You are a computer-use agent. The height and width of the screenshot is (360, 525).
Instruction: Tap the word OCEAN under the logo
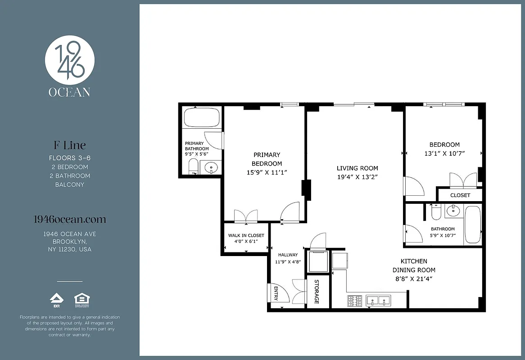[70, 92]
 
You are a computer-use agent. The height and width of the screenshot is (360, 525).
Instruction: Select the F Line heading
[70, 145]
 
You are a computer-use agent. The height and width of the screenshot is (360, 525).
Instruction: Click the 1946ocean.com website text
[70, 220]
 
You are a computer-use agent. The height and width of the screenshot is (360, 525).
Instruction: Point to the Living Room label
[357, 168]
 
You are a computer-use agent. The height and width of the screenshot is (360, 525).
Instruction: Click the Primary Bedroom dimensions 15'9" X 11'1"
[267, 172]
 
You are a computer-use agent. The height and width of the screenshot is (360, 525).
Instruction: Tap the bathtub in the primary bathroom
[202, 117]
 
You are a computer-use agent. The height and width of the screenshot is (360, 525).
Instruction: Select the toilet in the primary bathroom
[193, 166]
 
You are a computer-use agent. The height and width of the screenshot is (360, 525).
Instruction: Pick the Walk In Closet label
[246, 235]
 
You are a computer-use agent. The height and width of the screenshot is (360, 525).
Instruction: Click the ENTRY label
[275, 294]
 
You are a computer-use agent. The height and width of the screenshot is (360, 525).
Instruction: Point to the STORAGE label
[317, 292]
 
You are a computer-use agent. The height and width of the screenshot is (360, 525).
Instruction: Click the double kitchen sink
[378, 301]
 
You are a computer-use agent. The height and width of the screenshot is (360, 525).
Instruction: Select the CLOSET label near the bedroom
[460, 195]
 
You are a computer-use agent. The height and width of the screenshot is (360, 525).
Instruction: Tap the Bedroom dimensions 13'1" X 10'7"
[444, 153]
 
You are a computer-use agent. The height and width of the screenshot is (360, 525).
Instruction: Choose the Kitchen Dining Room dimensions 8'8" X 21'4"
[413, 279]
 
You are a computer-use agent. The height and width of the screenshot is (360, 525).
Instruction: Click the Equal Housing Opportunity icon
[81, 300]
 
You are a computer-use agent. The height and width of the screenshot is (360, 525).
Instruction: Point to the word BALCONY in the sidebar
[70, 184]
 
